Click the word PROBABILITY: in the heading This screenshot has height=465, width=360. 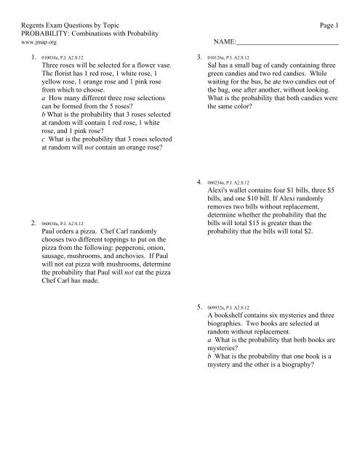pyautogui.click(x=41, y=34)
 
